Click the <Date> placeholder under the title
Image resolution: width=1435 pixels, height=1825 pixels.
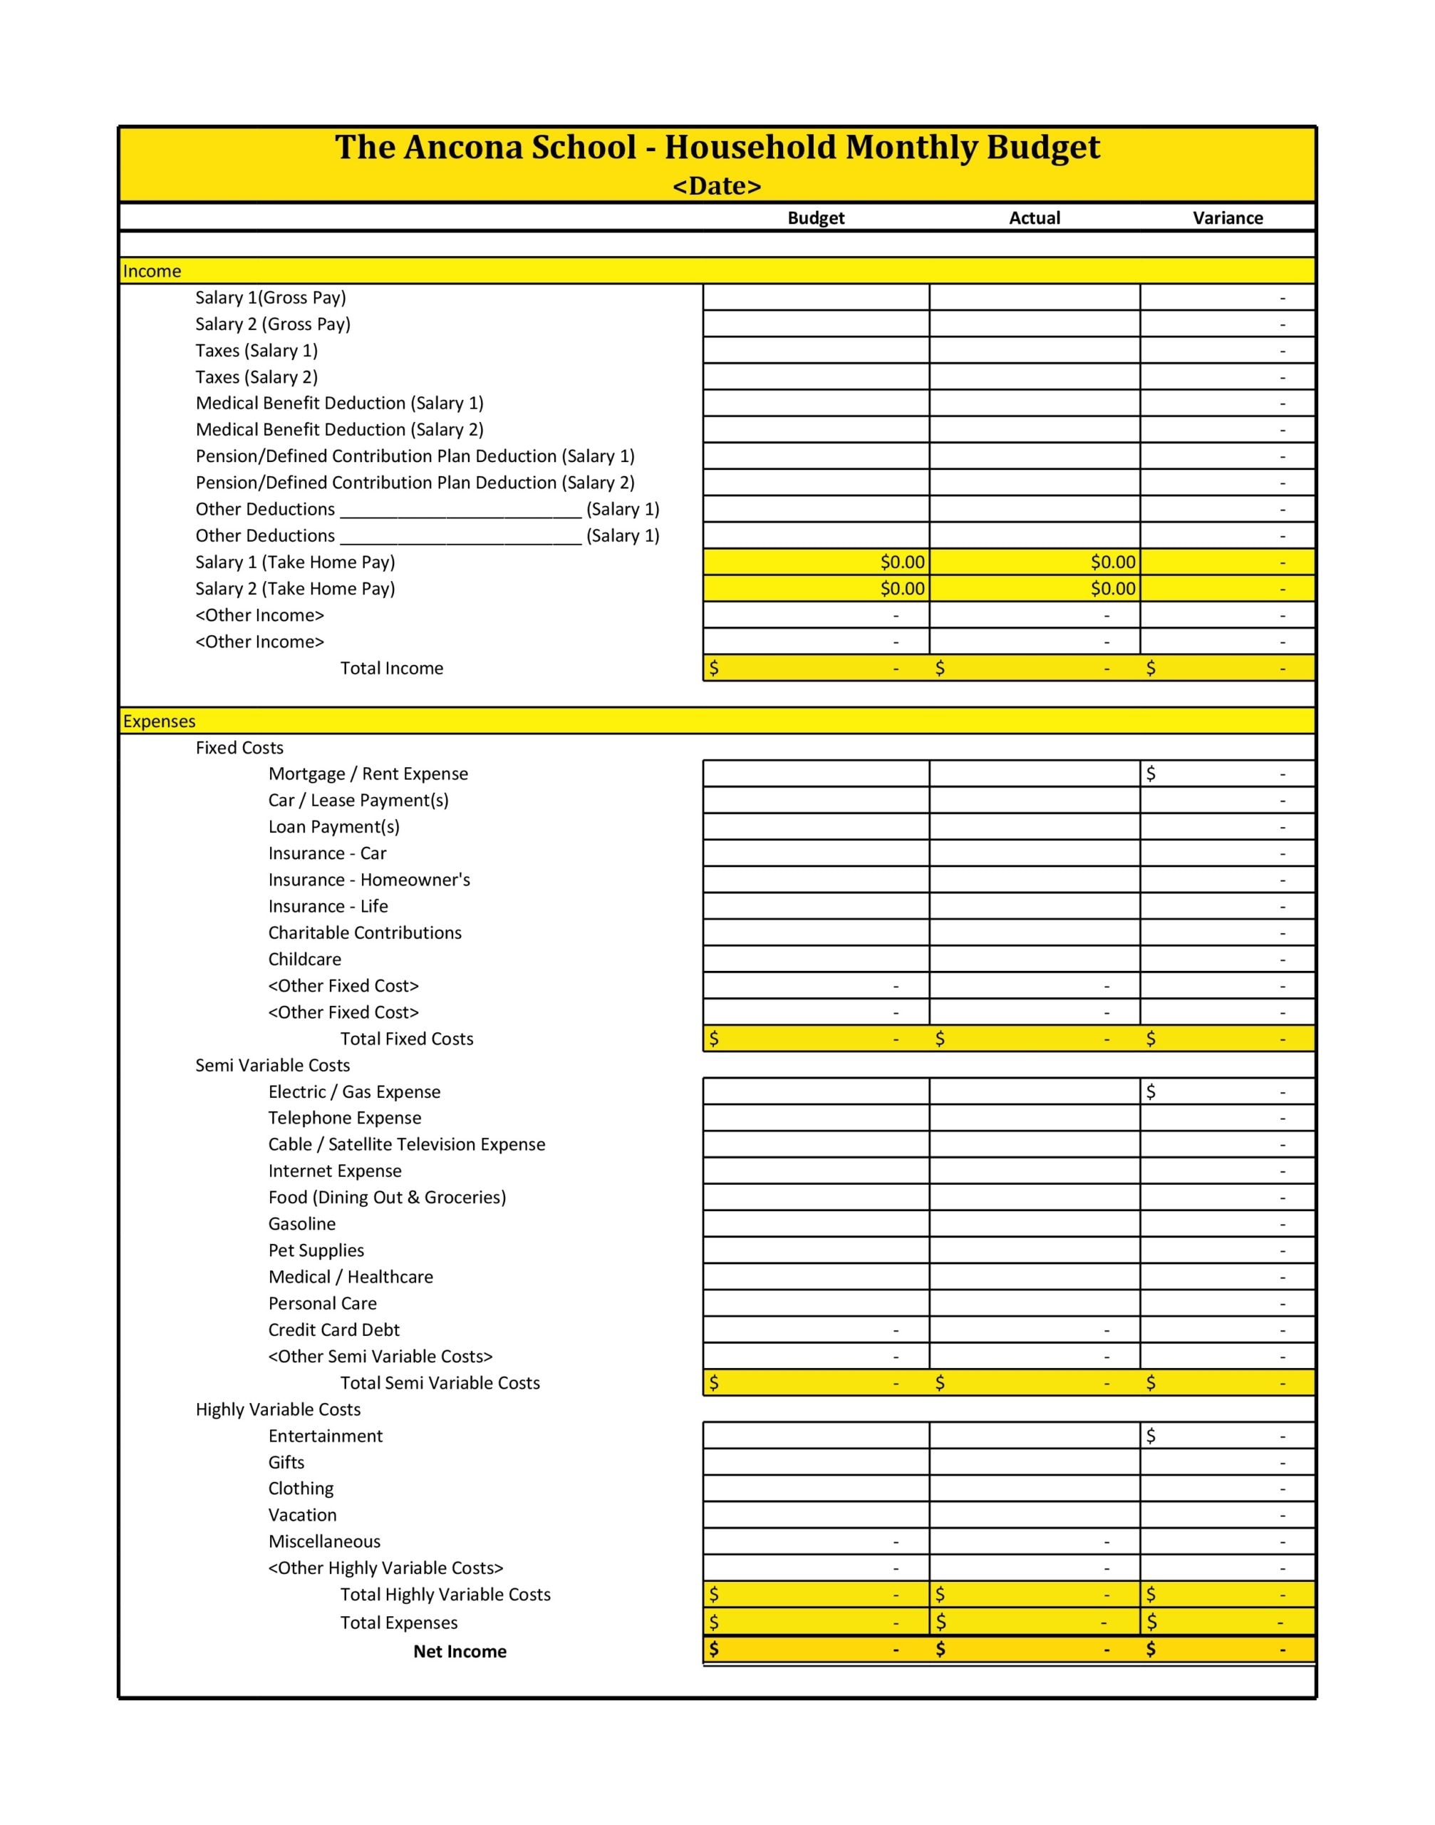point(717,186)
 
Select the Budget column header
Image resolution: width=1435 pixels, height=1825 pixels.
point(816,217)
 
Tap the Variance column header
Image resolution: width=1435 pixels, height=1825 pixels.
point(1228,217)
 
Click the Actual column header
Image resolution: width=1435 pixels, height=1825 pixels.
point(1035,217)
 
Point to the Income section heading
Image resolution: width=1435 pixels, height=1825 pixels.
point(152,271)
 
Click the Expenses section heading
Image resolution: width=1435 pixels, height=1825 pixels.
point(159,721)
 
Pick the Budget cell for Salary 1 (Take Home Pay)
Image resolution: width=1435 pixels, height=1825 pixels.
point(816,562)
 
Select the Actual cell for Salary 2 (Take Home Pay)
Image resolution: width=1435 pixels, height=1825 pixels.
point(1035,588)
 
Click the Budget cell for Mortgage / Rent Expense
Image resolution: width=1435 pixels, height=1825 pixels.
point(816,773)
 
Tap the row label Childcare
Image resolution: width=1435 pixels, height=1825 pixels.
point(304,959)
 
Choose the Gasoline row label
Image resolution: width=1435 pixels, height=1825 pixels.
point(301,1224)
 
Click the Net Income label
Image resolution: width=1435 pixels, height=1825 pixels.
point(460,1651)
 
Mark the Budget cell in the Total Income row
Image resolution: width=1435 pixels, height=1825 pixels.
point(816,668)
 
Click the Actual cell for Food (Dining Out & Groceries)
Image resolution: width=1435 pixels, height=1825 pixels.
point(1035,1197)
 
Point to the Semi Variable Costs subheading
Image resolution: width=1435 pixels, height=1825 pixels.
point(272,1065)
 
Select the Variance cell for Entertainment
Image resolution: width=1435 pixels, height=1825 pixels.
point(1228,1436)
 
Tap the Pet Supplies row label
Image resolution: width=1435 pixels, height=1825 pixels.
point(316,1250)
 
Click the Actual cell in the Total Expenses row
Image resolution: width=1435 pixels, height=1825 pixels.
point(1035,1622)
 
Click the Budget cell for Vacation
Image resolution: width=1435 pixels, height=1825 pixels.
point(816,1515)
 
